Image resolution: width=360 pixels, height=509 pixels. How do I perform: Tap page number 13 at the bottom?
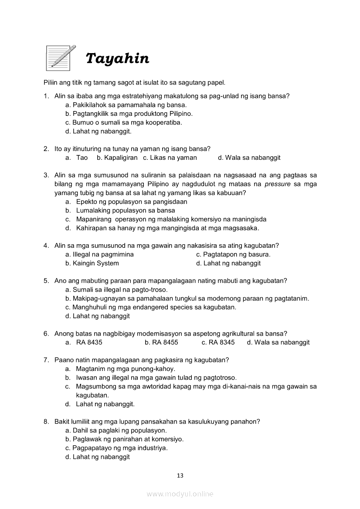point(180,475)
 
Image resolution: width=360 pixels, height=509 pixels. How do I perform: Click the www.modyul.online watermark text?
point(180,494)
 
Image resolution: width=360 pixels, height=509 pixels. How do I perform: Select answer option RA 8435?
point(89,342)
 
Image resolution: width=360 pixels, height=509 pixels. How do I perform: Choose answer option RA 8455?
point(161,342)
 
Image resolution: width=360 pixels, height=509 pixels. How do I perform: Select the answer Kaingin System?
point(92,263)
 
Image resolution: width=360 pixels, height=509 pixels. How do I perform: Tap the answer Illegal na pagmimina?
point(99,254)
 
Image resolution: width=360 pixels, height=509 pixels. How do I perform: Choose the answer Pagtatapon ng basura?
point(233,254)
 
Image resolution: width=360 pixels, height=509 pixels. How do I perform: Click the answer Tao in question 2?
point(82,158)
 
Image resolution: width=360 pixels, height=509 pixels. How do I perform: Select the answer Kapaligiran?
point(117,158)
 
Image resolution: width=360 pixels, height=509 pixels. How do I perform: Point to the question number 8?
point(46,421)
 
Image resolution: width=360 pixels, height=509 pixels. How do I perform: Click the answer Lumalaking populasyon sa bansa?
point(126,210)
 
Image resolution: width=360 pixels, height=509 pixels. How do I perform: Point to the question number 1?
point(46,96)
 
